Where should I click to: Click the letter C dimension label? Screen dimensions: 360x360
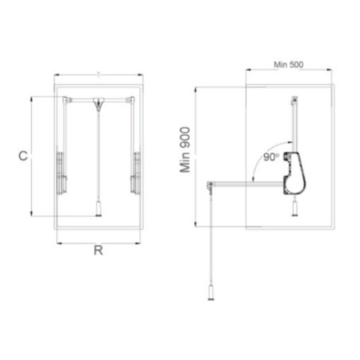click(x=23, y=156)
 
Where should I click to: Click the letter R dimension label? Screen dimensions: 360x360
click(x=98, y=251)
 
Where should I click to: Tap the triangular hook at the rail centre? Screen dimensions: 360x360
click(x=97, y=107)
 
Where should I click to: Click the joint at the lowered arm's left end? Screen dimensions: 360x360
click(x=210, y=186)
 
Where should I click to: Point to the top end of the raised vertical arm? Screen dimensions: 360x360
click(x=293, y=101)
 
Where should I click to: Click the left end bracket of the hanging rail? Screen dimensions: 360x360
click(x=66, y=99)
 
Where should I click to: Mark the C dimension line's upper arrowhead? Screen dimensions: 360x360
click(x=31, y=98)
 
